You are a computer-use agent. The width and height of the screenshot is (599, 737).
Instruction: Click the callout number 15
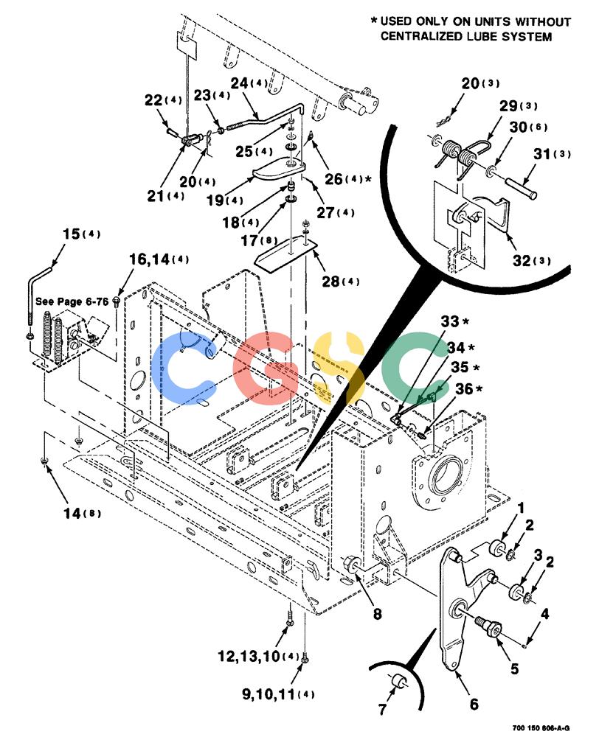[71, 234]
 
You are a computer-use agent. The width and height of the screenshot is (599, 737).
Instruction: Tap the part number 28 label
[330, 281]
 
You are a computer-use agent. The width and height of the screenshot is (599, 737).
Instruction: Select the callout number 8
[378, 613]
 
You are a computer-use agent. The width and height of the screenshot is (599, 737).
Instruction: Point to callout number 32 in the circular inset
[521, 260]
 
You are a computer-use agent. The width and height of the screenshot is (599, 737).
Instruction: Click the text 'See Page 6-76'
[72, 301]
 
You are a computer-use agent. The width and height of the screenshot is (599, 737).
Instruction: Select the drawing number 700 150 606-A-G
[541, 728]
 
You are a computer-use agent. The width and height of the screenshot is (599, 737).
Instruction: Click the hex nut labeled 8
[351, 563]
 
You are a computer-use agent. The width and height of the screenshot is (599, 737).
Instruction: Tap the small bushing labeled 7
[400, 680]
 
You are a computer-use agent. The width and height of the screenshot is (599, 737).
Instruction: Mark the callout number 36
[464, 388]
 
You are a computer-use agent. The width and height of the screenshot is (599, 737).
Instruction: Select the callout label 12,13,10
[249, 656]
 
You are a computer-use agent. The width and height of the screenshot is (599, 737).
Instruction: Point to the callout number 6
[474, 704]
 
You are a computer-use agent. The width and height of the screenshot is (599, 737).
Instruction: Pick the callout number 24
[239, 83]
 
